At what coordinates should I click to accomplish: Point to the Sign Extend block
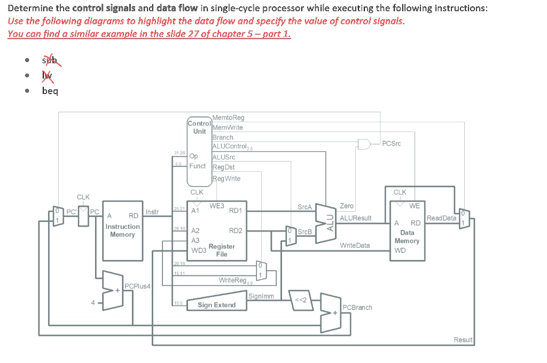(x=216, y=305)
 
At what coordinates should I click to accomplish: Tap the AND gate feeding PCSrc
(x=365, y=144)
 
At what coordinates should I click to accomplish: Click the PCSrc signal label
(x=392, y=143)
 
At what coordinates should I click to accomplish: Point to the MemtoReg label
(x=228, y=118)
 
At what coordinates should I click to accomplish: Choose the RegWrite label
(x=226, y=179)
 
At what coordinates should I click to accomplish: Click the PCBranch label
(x=357, y=307)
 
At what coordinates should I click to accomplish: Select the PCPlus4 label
(x=137, y=287)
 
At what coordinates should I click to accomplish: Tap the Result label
(x=463, y=340)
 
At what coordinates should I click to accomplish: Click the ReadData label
(x=441, y=218)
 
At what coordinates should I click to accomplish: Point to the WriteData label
(x=355, y=245)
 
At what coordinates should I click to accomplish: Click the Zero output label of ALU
(x=346, y=206)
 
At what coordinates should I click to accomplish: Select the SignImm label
(x=261, y=296)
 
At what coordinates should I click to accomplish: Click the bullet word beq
(x=50, y=90)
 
